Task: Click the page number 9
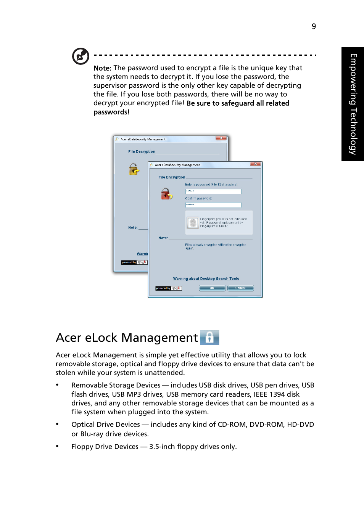(314, 26)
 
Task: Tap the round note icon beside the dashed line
(81, 56)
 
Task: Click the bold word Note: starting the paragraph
(102, 68)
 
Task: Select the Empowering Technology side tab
(353, 104)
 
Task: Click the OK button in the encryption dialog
(212, 288)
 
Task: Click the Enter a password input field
(213, 191)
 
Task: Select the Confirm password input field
(213, 205)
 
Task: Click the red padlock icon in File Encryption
(166, 194)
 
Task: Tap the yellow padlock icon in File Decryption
(134, 169)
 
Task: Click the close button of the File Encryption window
(255, 164)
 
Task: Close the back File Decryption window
(221, 138)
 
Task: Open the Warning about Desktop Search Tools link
(206, 279)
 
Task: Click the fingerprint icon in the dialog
(193, 223)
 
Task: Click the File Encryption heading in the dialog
(172, 177)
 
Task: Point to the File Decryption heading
(142, 152)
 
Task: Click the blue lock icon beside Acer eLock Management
(209, 338)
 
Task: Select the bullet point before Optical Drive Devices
(57, 424)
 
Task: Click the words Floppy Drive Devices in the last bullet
(105, 447)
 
